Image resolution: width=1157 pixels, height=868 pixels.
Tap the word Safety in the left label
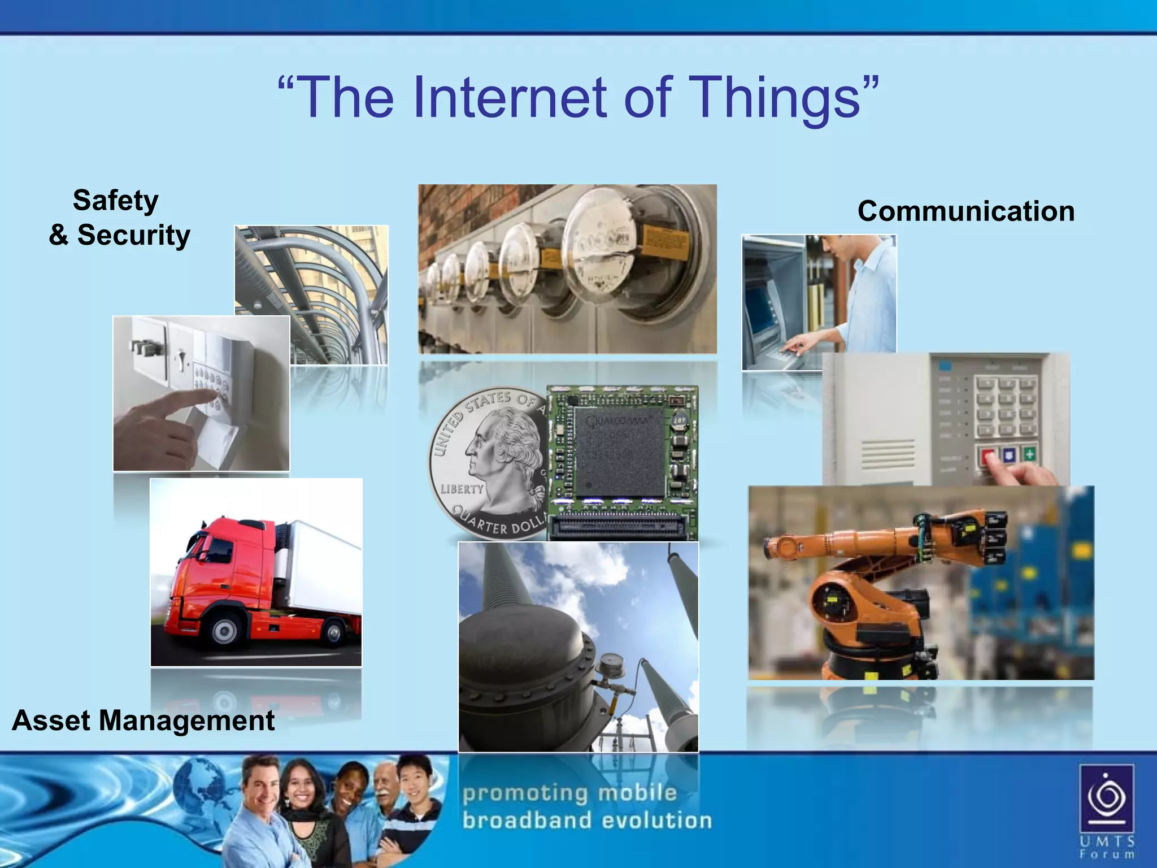coord(116,200)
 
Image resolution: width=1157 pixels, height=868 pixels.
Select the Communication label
coord(965,211)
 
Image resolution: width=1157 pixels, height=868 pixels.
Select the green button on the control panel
coord(1029,453)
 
